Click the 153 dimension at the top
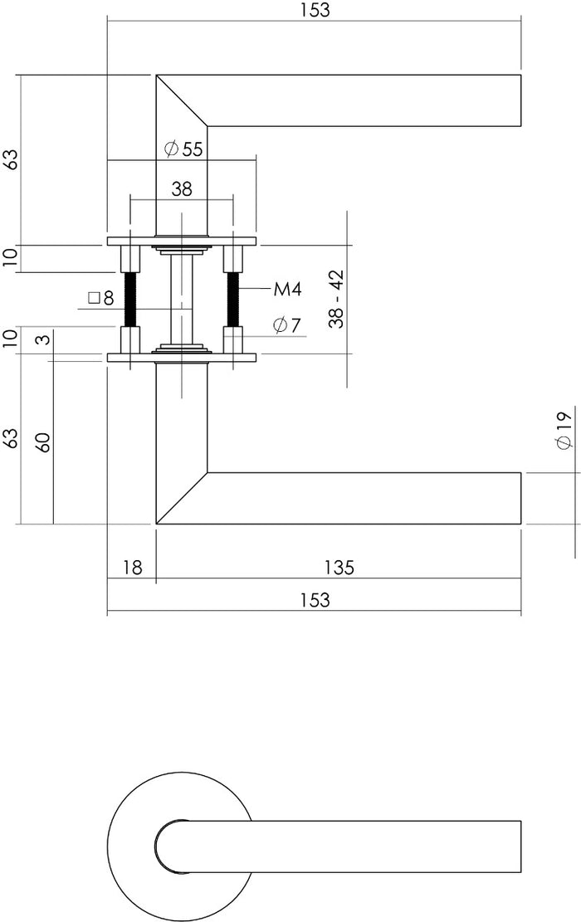pyautogui.click(x=314, y=10)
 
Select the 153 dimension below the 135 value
pyautogui.click(x=314, y=599)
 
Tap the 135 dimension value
pyautogui.click(x=339, y=568)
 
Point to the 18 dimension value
pyautogui.click(x=132, y=568)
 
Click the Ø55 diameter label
pyautogui.click(x=183, y=149)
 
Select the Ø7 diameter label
pyautogui.click(x=285, y=325)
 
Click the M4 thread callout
pyautogui.click(x=286, y=290)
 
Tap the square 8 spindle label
pyautogui.click(x=100, y=297)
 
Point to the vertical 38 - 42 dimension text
pyautogui.click(x=335, y=300)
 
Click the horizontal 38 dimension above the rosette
pyautogui.click(x=182, y=189)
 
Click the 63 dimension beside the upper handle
pyautogui.click(x=10, y=159)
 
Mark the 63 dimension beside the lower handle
pyautogui.click(x=10, y=438)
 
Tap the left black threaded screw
pyautogui.click(x=131, y=300)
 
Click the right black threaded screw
pyautogui.click(x=232, y=300)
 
